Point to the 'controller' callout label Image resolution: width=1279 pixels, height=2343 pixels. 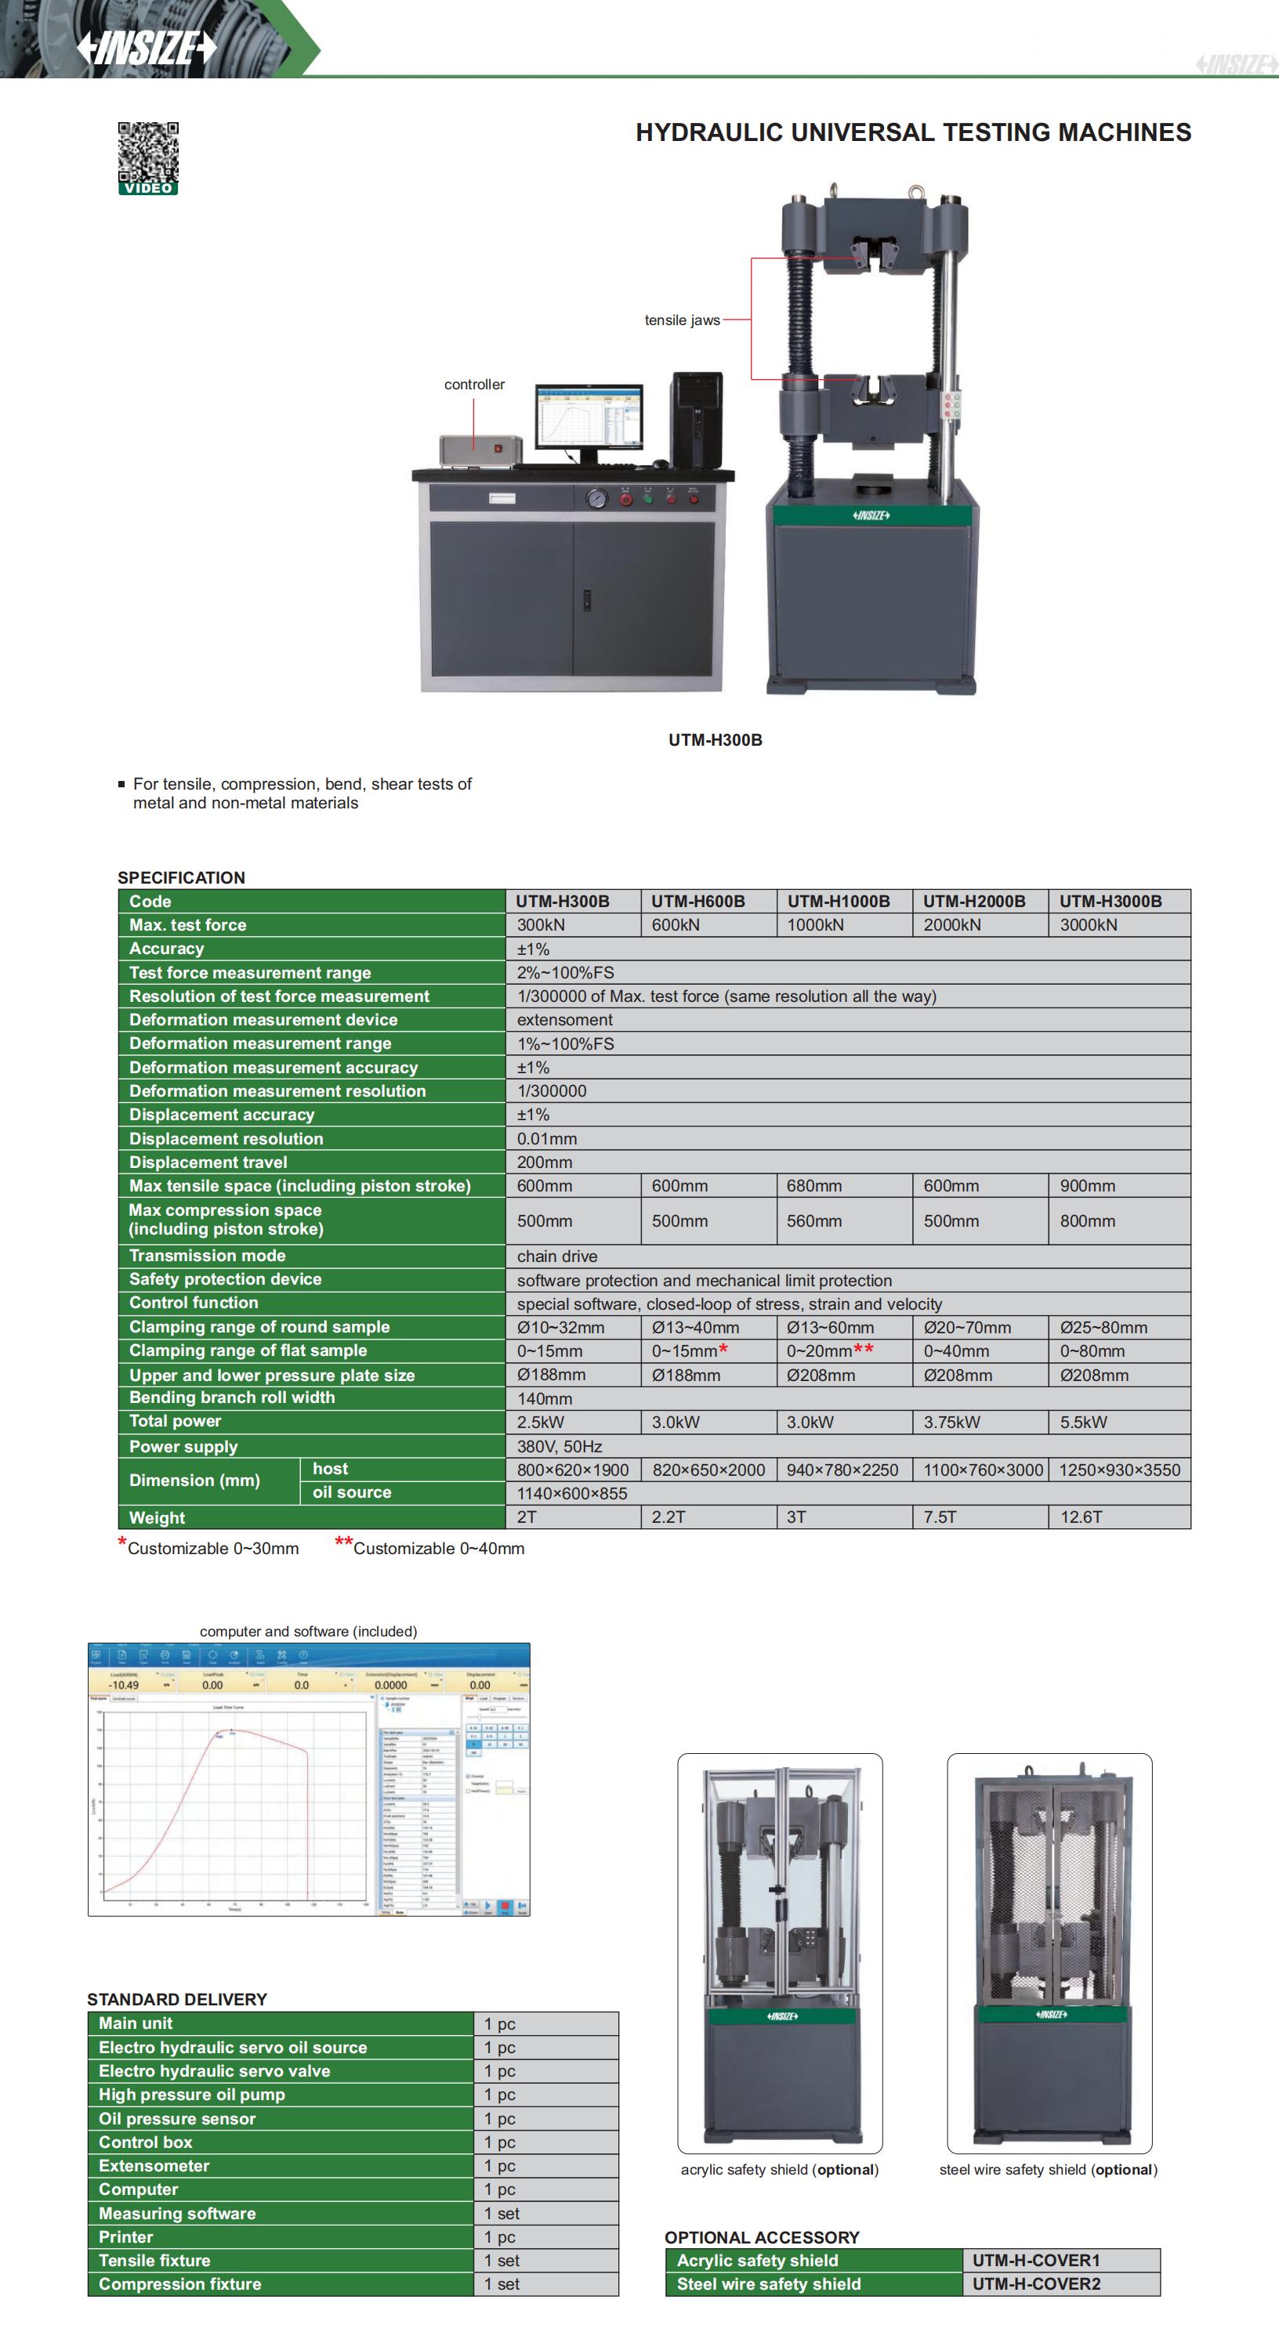[474, 385]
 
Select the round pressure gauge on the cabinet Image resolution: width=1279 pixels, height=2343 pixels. [596, 498]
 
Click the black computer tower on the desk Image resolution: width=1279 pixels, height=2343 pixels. [696, 419]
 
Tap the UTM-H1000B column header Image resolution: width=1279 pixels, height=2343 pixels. [838, 902]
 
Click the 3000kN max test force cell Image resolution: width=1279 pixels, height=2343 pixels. [1088, 925]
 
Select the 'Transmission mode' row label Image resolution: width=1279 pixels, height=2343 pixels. [208, 1256]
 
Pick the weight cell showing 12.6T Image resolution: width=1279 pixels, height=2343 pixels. [1081, 1517]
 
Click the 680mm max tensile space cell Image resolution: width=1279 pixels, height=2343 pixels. [814, 1186]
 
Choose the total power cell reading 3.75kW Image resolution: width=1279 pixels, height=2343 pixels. [951, 1423]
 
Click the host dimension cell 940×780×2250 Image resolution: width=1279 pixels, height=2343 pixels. [842, 1470]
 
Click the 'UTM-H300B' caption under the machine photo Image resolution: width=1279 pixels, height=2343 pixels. [715, 740]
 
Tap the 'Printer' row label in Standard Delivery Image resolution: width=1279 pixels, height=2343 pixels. [126, 2237]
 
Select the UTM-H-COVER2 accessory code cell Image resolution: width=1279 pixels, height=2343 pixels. [1036, 2284]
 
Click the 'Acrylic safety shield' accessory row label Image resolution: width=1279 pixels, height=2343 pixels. [757, 2260]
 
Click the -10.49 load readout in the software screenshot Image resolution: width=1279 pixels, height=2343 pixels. [124, 1686]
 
